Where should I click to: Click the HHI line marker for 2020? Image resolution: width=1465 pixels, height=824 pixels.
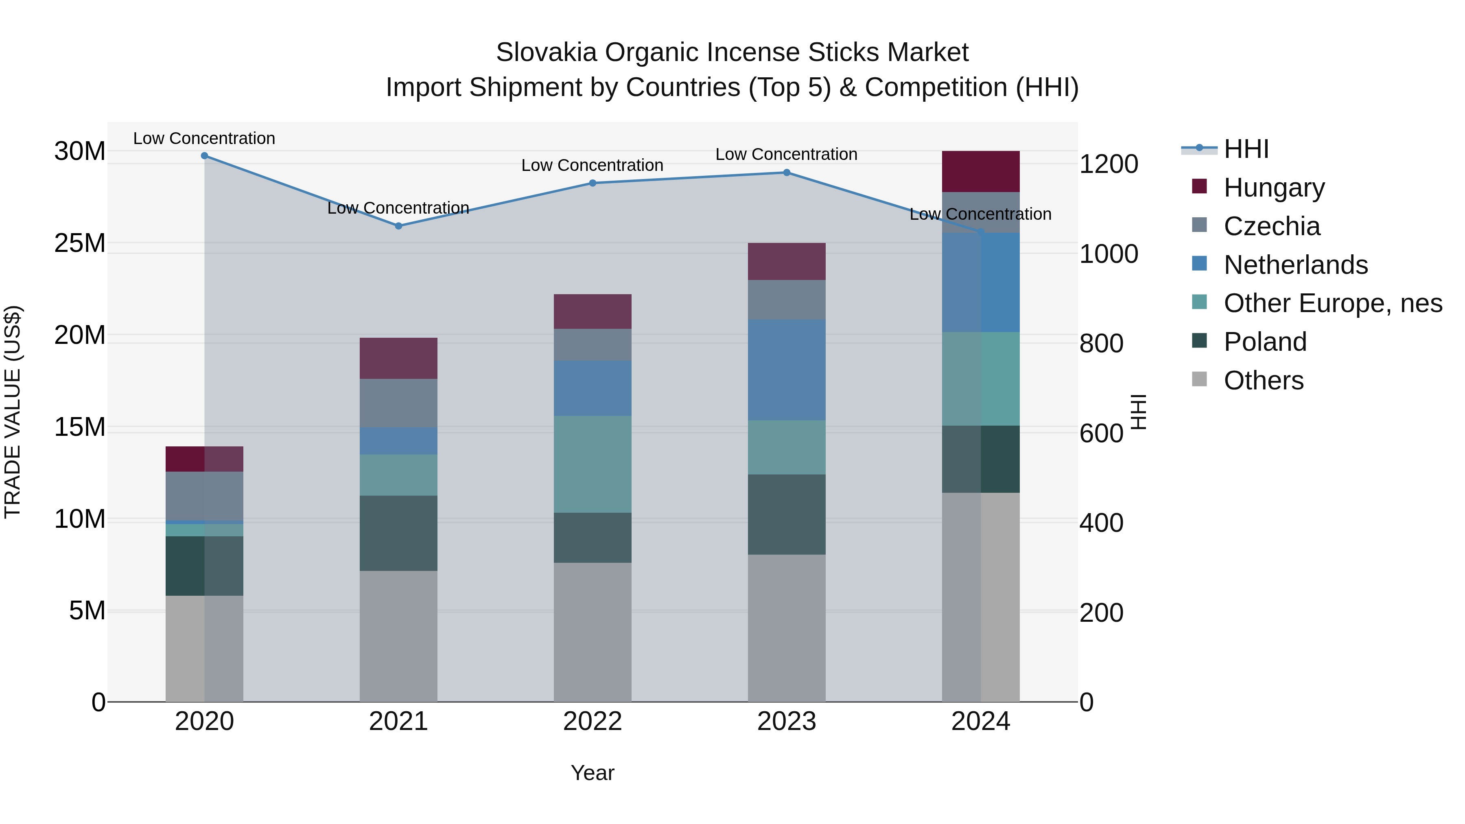(204, 156)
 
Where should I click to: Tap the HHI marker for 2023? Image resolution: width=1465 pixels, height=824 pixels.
(787, 172)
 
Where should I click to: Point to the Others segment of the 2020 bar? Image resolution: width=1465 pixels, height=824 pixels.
(204, 648)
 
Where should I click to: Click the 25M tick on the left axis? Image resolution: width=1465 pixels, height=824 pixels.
(80, 243)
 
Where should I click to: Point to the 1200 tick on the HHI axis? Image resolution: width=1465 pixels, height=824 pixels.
(1109, 164)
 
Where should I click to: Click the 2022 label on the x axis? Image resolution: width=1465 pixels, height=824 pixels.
(592, 721)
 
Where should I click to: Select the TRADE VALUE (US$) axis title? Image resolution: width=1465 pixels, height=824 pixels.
(13, 412)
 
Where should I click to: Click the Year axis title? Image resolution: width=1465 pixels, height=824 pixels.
(592, 773)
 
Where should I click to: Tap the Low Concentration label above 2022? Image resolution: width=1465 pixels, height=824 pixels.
(592, 166)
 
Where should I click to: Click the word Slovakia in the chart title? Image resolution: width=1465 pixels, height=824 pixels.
(546, 52)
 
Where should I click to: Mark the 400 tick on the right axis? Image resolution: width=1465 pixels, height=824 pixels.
(1101, 523)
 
